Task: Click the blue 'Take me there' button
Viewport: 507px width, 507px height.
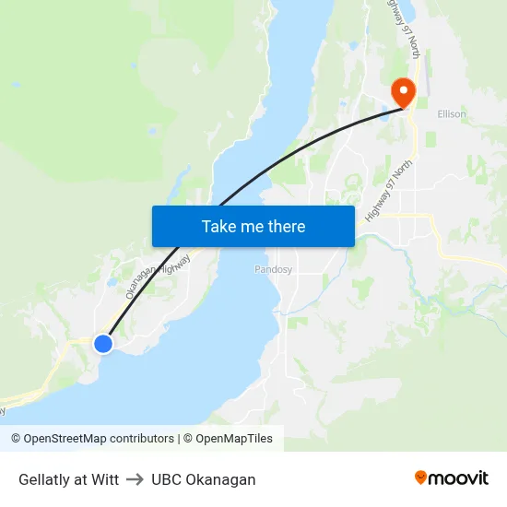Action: (x=253, y=226)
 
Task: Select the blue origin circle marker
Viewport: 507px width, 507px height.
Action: (x=103, y=343)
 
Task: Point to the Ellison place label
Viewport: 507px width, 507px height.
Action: (x=452, y=114)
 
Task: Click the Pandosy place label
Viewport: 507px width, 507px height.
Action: (x=273, y=270)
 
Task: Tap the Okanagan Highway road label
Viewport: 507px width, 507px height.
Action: (x=158, y=271)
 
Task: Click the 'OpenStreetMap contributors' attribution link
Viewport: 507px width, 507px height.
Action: (x=99, y=439)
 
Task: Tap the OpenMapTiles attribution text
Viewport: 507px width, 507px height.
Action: (x=234, y=439)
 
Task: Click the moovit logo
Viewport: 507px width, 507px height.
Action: (x=452, y=478)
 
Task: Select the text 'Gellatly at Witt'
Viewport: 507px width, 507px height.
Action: (x=69, y=479)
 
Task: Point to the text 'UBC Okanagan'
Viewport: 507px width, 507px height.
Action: (x=204, y=479)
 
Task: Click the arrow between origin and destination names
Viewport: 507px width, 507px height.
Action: (x=135, y=479)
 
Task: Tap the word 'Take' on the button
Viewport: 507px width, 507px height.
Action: (x=219, y=226)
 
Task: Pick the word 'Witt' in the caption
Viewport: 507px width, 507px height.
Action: (x=106, y=479)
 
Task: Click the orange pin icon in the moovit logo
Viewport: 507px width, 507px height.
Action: (x=421, y=478)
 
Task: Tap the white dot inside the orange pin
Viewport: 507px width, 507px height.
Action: (x=403, y=89)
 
